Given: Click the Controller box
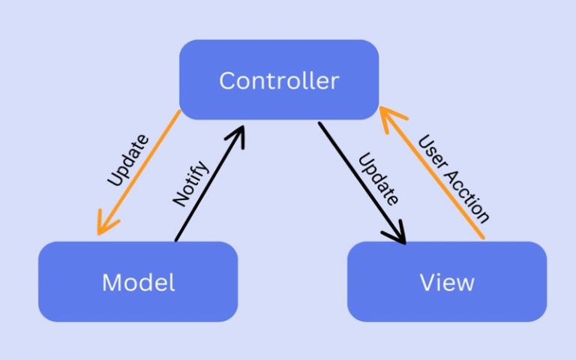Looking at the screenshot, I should point(278,79).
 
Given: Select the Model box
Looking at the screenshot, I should point(138,281).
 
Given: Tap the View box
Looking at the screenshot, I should point(447,281).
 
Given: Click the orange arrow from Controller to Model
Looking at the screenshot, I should point(139,173).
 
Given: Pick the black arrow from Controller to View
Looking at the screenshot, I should point(361,183).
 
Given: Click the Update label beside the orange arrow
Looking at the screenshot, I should point(127,160).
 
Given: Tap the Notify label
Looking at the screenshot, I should point(190,183).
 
